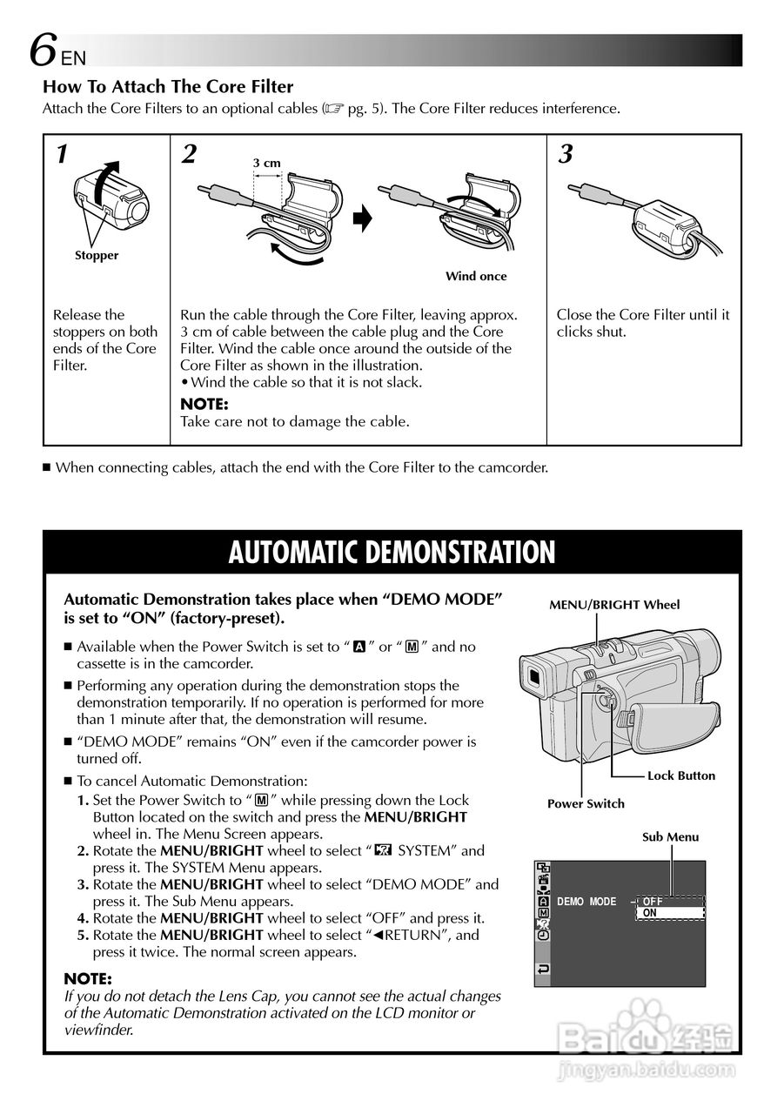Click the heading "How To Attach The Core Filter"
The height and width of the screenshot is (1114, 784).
tap(168, 87)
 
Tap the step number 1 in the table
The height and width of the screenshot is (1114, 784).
tap(62, 155)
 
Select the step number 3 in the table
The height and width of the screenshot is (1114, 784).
tap(566, 155)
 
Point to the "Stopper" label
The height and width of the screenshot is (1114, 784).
tap(96, 255)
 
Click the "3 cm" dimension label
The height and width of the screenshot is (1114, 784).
tap(267, 163)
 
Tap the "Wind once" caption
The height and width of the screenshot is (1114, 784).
tap(475, 276)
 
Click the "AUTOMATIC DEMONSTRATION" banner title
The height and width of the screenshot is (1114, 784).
tap(392, 553)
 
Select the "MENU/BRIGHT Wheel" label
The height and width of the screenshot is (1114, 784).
tap(614, 605)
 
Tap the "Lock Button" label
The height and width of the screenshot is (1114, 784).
tap(681, 775)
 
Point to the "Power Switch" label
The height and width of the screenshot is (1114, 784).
tap(586, 803)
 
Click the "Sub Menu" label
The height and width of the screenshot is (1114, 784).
tap(670, 836)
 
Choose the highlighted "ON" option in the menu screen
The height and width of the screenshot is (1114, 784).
tap(668, 913)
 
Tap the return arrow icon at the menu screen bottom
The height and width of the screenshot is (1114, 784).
tap(544, 969)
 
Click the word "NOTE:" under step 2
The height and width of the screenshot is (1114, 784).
tap(204, 404)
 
